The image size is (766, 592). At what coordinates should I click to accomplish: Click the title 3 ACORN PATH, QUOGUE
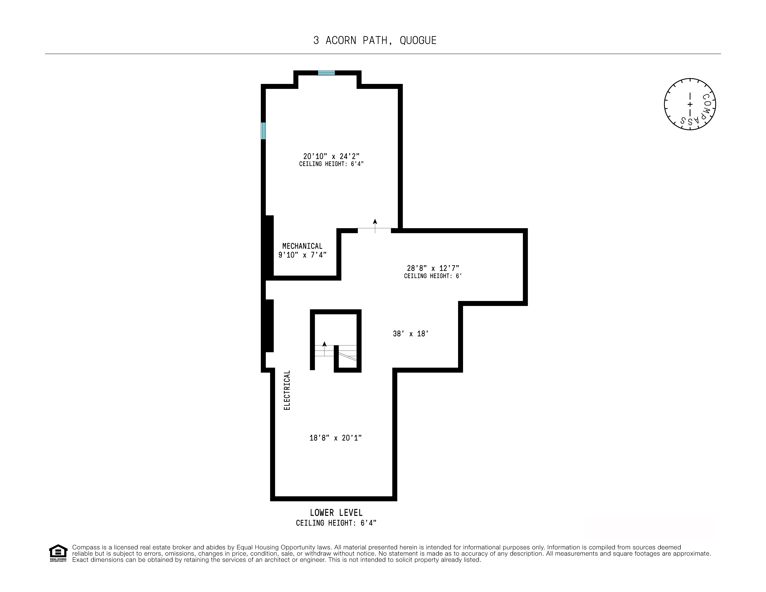tap(375, 41)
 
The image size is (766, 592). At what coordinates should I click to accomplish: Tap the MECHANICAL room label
tap(302, 246)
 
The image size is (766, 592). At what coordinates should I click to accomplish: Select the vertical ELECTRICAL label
tap(287, 390)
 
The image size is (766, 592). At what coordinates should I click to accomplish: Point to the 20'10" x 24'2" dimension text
tap(331, 156)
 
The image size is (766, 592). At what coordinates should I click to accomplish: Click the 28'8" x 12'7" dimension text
tap(433, 268)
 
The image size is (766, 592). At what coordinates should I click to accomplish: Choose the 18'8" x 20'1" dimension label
tap(336, 438)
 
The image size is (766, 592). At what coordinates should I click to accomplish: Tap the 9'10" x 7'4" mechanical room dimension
tap(302, 255)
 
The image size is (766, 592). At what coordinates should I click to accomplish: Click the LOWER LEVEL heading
tap(336, 513)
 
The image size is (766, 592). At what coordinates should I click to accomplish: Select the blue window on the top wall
tap(326, 73)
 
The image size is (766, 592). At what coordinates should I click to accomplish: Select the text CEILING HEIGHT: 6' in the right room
tap(433, 276)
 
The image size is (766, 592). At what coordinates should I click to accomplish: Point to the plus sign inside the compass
tap(690, 104)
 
